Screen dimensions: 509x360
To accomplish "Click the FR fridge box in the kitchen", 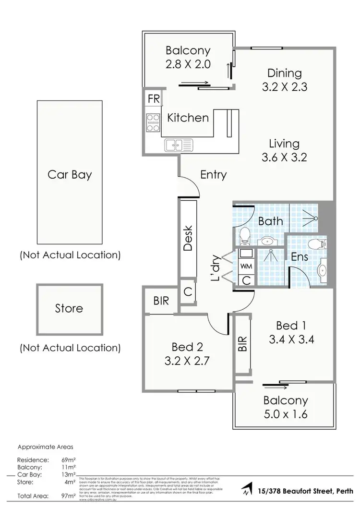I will click(154, 99).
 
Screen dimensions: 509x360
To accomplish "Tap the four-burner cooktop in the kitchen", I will click(153, 122).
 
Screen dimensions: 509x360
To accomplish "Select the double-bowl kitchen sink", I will click(178, 144).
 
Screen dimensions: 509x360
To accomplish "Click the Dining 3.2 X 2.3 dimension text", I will click(285, 87).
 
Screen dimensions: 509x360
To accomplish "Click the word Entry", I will click(213, 174).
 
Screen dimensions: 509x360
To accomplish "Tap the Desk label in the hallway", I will click(188, 238).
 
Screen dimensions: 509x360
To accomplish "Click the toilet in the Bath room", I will click(244, 235).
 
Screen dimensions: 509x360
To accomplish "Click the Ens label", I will click(300, 256).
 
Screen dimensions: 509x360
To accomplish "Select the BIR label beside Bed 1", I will click(242, 344).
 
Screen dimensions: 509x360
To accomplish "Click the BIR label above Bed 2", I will click(161, 301).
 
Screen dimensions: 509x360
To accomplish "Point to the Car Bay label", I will click(69, 174).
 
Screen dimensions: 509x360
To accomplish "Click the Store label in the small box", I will click(69, 308).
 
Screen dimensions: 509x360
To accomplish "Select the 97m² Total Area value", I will click(70, 496).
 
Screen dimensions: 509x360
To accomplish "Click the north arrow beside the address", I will click(247, 490).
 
